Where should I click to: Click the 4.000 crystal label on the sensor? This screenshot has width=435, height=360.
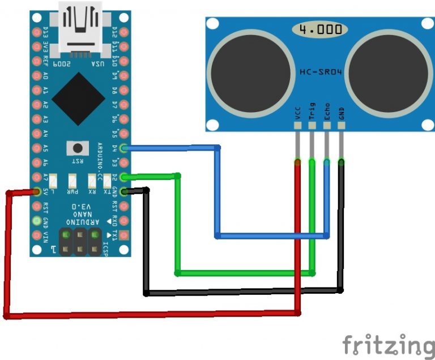(x=318, y=28)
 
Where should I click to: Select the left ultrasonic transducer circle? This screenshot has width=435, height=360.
(x=249, y=71)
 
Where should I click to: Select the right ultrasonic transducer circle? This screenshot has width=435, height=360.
(x=386, y=71)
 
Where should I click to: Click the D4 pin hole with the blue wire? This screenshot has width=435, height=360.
(x=125, y=148)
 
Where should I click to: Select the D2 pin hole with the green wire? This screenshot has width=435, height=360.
(x=125, y=177)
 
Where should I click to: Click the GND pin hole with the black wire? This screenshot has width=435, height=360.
(x=125, y=191)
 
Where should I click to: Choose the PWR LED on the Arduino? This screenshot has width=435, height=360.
(x=72, y=181)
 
